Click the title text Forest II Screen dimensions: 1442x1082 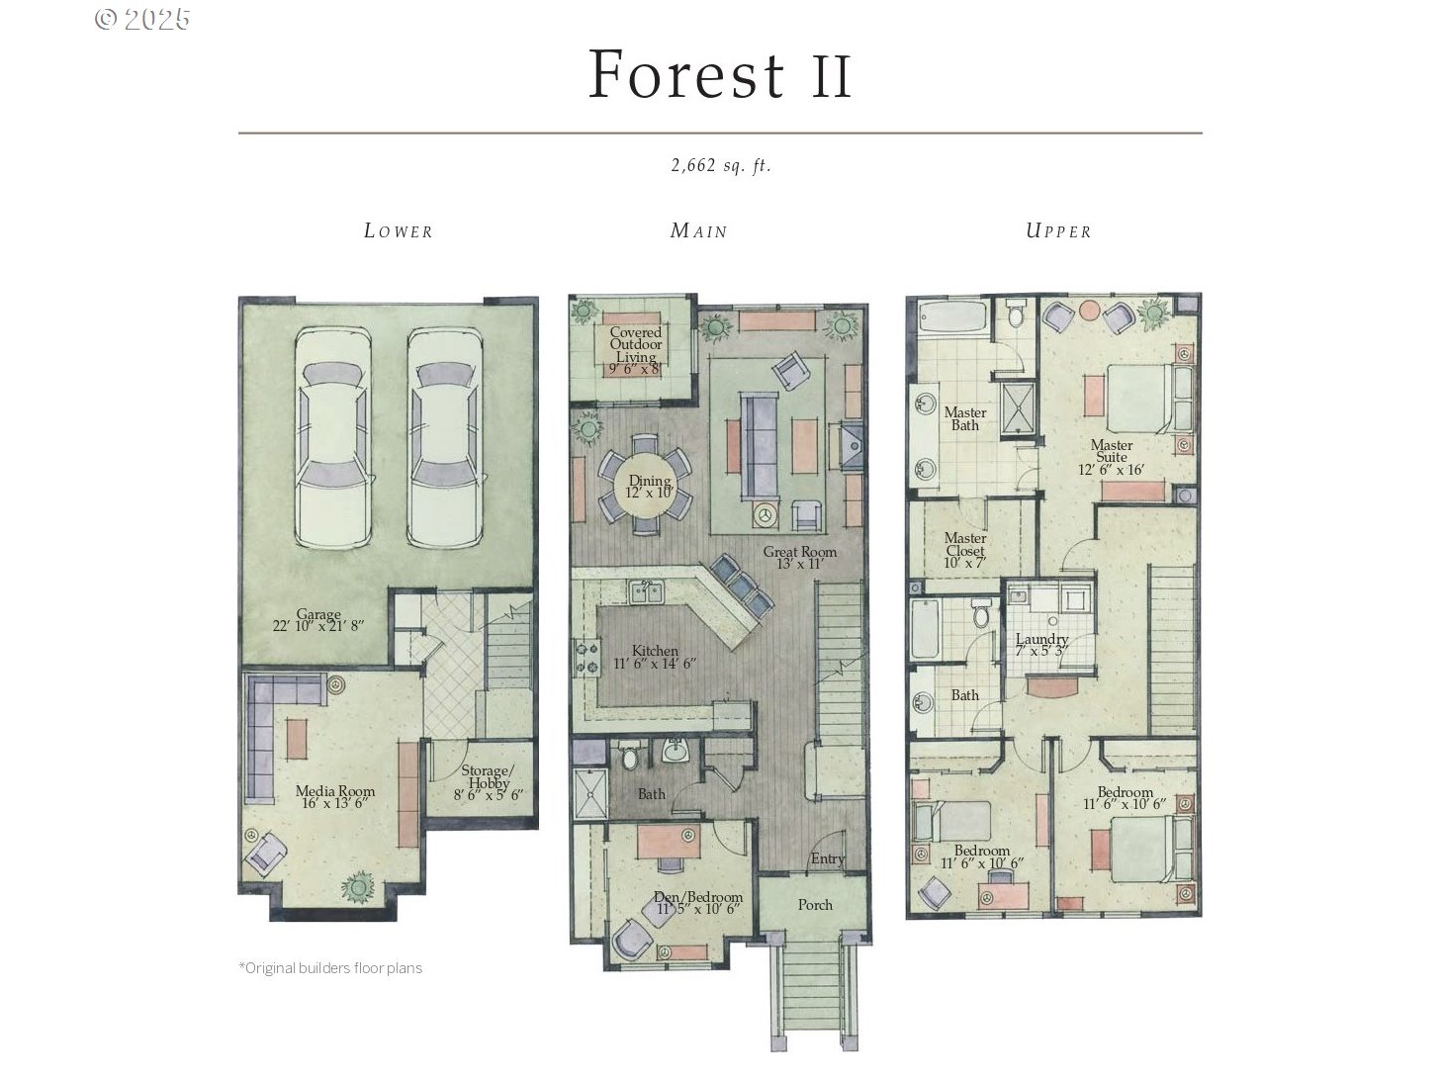click(x=720, y=74)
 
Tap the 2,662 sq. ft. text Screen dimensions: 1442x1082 click(x=721, y=165)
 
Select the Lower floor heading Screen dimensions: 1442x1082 click(x=399, y=231)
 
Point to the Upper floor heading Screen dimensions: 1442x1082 click(x=1058, y=231)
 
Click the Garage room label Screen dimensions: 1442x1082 click(x=318, y=619)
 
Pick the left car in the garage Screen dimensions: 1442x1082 click(x=333, y=437)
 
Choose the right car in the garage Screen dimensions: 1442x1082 click(x=445, y=437)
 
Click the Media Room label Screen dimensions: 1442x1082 click(x=335, y=797)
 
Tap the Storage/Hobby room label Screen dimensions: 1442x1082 click(x=489, y=781)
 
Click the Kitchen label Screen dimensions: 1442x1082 click(x=655, y=657)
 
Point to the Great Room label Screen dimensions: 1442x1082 click(x=799, y=558)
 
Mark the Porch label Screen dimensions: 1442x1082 click(x=815, y=905)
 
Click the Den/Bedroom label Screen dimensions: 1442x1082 click(x=698, y=903)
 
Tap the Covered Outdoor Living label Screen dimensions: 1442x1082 click(x=635, y=350)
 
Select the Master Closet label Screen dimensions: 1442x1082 click(x=965, y=550)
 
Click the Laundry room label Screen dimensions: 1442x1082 click(x=1041, y=645)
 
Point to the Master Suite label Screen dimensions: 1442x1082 click(x=1112, y=457)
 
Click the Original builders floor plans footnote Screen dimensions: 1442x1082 click(x=330, y=968)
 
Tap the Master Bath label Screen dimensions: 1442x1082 click(x=965, y=418)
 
